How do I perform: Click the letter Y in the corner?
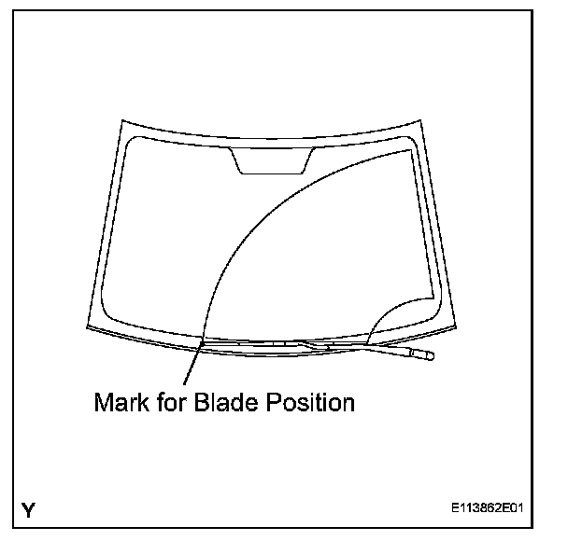(30, 510)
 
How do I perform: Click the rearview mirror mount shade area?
(271, 160)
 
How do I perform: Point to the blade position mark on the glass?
(201, 342)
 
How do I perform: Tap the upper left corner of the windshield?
(120, 121)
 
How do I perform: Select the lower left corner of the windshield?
(86, 328)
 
